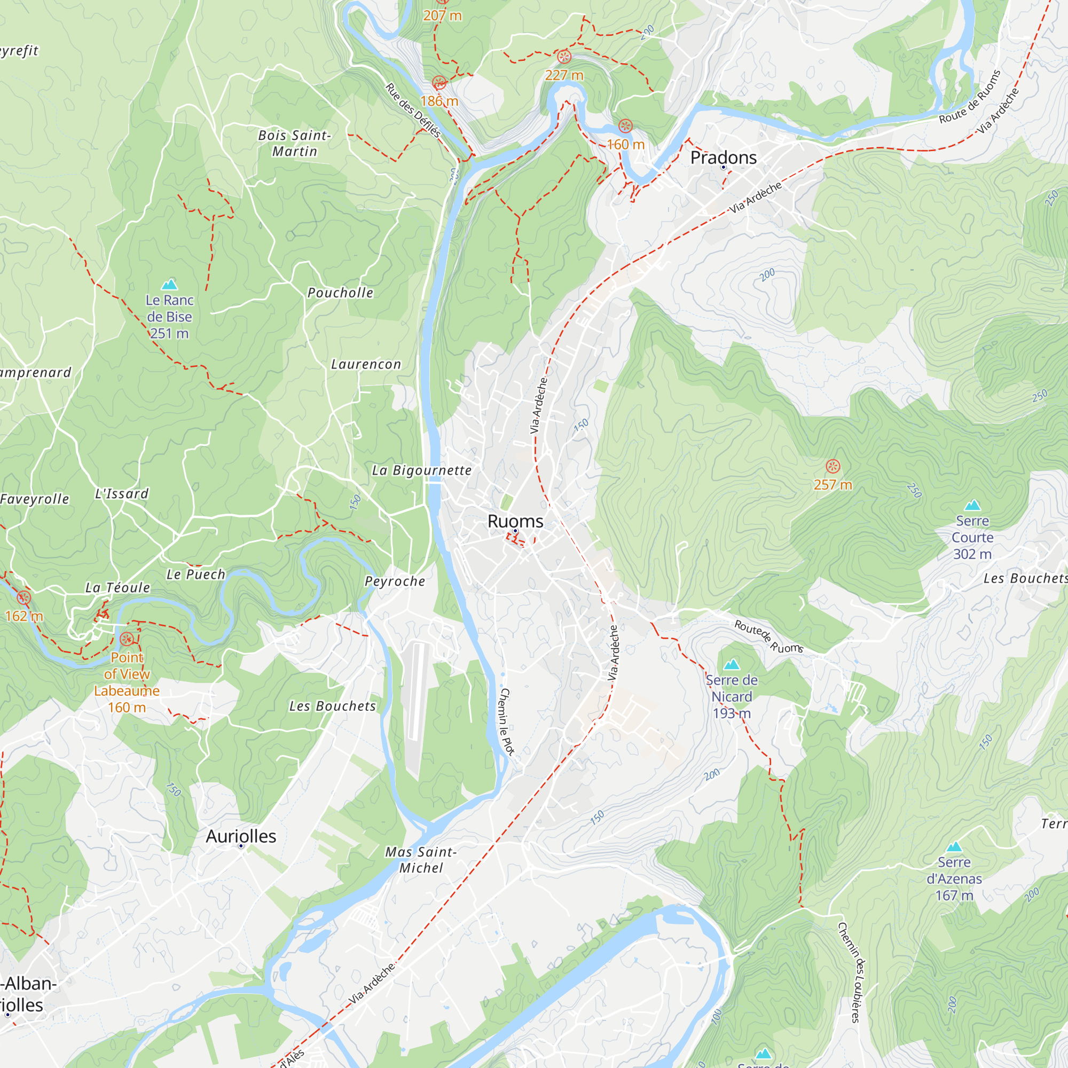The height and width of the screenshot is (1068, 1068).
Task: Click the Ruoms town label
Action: [515, 521]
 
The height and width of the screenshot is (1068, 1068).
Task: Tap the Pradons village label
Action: [723, 158]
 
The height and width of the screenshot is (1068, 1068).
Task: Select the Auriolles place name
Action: [241, 836]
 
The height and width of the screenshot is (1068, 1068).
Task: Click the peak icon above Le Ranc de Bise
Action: [169, 285]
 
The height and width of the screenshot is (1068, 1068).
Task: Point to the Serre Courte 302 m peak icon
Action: [972, 505]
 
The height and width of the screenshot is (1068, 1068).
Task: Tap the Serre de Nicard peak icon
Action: [732, 664]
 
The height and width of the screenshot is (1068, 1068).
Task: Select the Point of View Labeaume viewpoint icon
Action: [127, 640]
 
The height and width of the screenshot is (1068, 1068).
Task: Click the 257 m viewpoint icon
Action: [833, 467]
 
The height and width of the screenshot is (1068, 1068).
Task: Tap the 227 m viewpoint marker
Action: [564, 57]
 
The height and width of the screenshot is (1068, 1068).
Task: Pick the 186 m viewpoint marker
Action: [439, 83]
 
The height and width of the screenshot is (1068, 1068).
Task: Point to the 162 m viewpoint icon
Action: [24, 598]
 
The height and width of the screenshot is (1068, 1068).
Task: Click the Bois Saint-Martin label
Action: [295, 143]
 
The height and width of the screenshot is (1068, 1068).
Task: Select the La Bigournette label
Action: [422, 470]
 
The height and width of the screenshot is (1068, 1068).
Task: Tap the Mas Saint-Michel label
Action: [421, 860]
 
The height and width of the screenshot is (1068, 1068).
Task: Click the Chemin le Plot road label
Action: [506, 721]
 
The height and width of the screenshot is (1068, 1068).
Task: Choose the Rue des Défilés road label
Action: [413, 110]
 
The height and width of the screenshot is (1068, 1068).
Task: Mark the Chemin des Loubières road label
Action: [851, 972]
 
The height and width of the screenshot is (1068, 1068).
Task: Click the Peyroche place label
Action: [395, 582]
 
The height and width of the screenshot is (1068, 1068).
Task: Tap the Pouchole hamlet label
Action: [340, 293]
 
